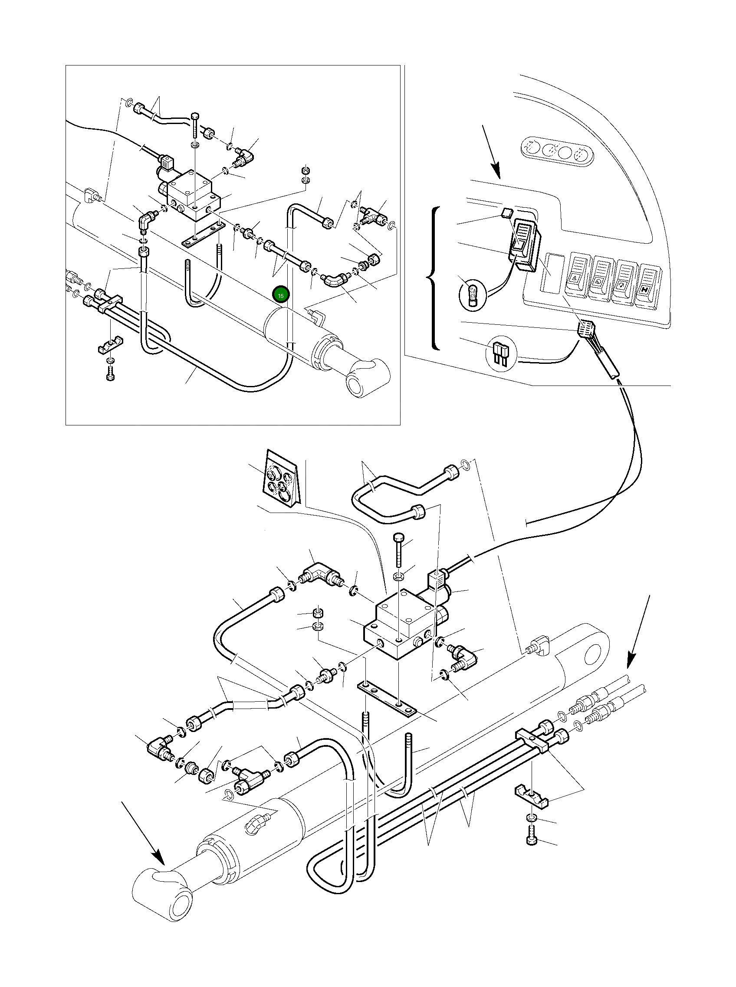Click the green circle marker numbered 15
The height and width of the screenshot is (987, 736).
point(281,296)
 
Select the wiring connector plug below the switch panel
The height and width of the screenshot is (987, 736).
point(585,330)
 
